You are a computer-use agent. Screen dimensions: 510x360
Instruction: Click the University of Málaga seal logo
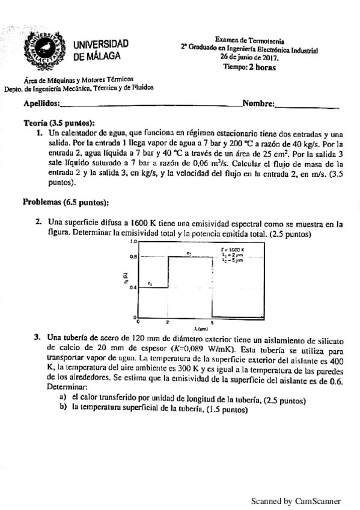coord(43,51)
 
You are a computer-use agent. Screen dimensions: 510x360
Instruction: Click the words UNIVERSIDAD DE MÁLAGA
coord(100,51)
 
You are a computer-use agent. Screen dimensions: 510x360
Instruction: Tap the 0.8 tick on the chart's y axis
coord(133,257)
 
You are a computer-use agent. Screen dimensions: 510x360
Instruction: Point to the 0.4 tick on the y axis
coord(133,287)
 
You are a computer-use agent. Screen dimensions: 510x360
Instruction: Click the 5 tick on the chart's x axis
coord(213,322)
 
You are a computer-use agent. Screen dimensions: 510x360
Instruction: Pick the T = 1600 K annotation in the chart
coord(232,248)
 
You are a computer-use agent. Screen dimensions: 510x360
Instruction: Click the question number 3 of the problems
coord(37,337)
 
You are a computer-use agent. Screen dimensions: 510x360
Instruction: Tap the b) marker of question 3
coord(63,408)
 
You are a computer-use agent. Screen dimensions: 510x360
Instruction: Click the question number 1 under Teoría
coord(38,132)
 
